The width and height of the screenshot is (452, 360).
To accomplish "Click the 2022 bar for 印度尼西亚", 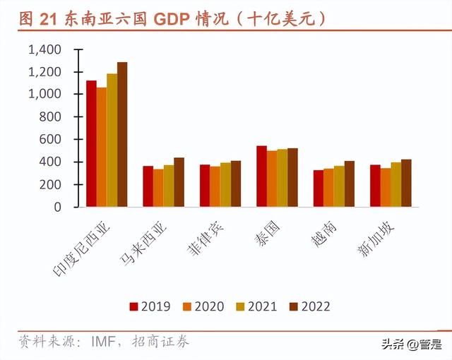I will [x=122, y=135].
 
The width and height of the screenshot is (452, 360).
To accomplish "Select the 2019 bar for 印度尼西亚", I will [x=91, y=144].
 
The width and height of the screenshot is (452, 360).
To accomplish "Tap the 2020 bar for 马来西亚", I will [x=157, y=188].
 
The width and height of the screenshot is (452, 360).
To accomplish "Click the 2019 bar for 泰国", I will [x=261, y=176].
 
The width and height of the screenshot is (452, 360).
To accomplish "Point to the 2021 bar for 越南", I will [x=339, y=186].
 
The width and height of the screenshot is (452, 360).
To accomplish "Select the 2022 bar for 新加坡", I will [x=406, y=183].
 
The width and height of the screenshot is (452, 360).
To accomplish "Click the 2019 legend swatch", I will [x=133, y=306].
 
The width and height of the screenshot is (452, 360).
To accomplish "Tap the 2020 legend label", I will [x=209, y=306].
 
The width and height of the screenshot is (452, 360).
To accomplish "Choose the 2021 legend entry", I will [x=261, y=306].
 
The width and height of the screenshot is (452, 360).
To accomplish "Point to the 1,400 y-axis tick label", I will [x=44, y=50].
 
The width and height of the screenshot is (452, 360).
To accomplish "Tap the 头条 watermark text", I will [x=394, y=344].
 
